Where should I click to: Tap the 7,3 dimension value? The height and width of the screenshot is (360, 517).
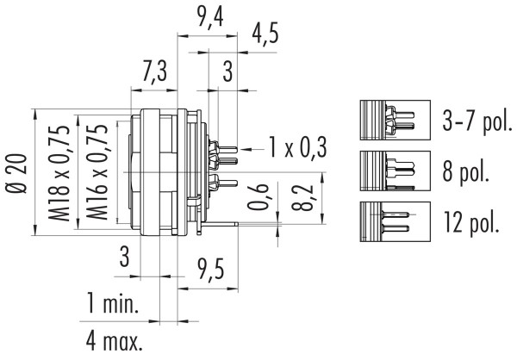tap(155, 72)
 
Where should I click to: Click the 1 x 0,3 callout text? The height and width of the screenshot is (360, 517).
tap(296, 148)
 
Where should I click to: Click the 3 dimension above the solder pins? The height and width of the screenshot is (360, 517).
tap(227, 73)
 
